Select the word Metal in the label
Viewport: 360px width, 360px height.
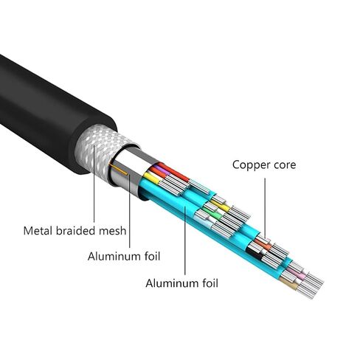38,231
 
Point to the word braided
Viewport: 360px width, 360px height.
75,231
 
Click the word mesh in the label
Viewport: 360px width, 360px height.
113,231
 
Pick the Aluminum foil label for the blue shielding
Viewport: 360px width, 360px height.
181,283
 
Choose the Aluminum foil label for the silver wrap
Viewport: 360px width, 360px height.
124,257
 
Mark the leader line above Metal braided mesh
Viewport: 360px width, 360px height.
94,183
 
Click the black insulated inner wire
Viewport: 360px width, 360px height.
254,253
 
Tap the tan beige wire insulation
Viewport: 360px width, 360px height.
289,283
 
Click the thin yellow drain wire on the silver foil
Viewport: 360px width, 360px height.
120,170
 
